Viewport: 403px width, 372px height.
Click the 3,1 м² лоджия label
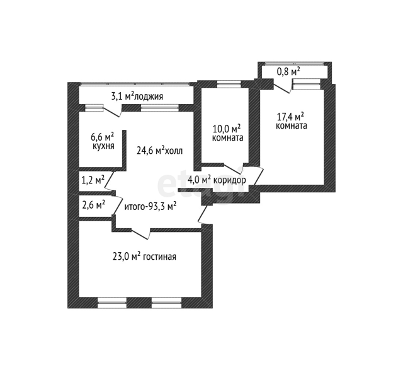[137, 96]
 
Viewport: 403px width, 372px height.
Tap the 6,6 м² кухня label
[103, 141]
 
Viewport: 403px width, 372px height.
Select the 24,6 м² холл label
[159, 151]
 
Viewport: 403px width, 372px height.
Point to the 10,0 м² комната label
[227, 133]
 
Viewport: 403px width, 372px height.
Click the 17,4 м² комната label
[291, 121]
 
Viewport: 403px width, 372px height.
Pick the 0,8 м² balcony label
[288, 72]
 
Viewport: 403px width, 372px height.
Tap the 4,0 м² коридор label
[217, 180]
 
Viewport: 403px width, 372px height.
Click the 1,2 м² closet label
[93, 180]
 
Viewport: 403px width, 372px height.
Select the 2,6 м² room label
[93, 206]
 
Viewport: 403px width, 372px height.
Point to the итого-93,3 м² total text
[150, 207]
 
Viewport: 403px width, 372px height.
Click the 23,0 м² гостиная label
[144, 257]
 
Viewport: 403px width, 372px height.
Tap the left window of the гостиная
[112, 303]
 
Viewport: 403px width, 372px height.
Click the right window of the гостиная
[166, 303]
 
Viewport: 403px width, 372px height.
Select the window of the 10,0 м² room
[229, 84]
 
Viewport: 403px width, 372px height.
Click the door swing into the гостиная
[141, 234]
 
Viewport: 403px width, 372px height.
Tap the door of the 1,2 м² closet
[109, 182]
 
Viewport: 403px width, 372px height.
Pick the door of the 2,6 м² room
[118, 206]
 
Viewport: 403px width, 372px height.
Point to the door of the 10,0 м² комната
[234, 168]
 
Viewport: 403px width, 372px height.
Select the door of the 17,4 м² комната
[259, 176]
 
